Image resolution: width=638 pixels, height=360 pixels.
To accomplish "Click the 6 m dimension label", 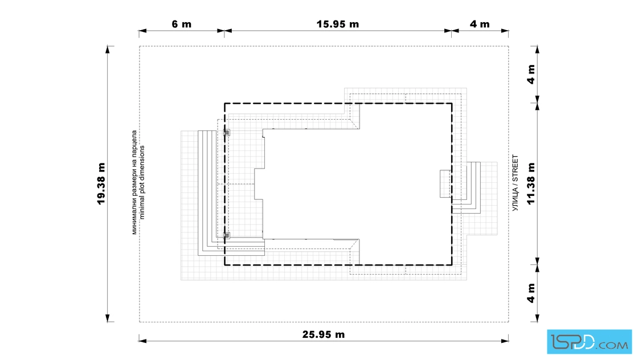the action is [x=182, y=24].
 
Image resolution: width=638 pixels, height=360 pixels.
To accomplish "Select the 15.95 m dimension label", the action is [x=338, y=24].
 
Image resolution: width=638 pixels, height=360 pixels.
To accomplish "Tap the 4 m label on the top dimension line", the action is [x=480, y=24].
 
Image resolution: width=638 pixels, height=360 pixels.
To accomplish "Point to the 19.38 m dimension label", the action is [x=101, y=183].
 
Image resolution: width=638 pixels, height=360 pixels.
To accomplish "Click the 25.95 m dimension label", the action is [x=324, y=334].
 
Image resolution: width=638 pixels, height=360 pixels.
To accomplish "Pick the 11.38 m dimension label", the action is [x=531, y=183].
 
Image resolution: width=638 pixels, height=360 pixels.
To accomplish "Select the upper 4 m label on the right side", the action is [x=531, y=74].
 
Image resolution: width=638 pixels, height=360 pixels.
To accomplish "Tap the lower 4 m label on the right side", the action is [x=531, y=293].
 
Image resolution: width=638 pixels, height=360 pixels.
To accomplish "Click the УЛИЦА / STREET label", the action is [x=516, y=183].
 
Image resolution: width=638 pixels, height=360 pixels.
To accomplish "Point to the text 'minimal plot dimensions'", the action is [x=142, y=183].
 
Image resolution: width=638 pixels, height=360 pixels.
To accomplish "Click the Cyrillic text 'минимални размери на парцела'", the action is [x=134, y=182].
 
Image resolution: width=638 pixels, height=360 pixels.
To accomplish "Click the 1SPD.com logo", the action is [x=589, y=342].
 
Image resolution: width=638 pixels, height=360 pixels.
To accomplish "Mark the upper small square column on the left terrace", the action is [x=227, y=133].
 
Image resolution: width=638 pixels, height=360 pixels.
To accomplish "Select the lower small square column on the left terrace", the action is [x=227, y=235].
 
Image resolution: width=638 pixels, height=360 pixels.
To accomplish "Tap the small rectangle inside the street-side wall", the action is [x=445, y=184].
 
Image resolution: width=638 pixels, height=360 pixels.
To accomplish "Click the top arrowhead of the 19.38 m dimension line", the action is [x=108, y=49].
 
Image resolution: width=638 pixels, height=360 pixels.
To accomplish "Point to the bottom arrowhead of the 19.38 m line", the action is [x=108, y=318].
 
